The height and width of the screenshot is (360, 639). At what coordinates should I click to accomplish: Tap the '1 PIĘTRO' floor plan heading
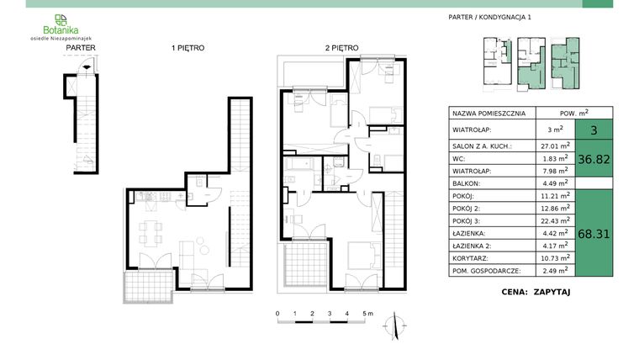187,49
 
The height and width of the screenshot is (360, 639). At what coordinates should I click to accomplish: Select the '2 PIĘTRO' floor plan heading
341,49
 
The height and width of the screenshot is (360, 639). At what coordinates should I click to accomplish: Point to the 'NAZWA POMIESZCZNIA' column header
489,113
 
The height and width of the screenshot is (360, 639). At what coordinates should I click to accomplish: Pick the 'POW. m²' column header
574,113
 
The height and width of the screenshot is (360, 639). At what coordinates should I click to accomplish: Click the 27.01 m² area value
554,145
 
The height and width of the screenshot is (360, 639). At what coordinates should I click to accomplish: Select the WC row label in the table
459,157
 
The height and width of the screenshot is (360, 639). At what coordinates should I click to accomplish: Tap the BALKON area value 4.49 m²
554,183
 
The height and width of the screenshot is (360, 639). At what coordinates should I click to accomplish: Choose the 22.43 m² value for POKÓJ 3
554,220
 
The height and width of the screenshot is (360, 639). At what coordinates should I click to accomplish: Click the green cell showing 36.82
594,157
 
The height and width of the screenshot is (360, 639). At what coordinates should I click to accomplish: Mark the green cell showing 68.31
594,233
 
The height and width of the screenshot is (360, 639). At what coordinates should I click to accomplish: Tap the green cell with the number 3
594,130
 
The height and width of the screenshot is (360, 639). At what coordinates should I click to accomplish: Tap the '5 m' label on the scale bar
367,313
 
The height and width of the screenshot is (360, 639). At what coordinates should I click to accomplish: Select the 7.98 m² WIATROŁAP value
554,170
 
